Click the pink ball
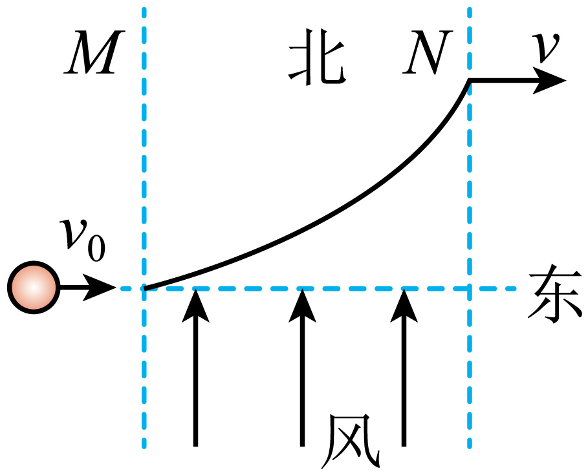point(33,287)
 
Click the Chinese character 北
point(316,59)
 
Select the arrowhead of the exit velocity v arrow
point(553,81)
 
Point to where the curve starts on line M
point(145,288)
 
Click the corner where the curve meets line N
point(469,81)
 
